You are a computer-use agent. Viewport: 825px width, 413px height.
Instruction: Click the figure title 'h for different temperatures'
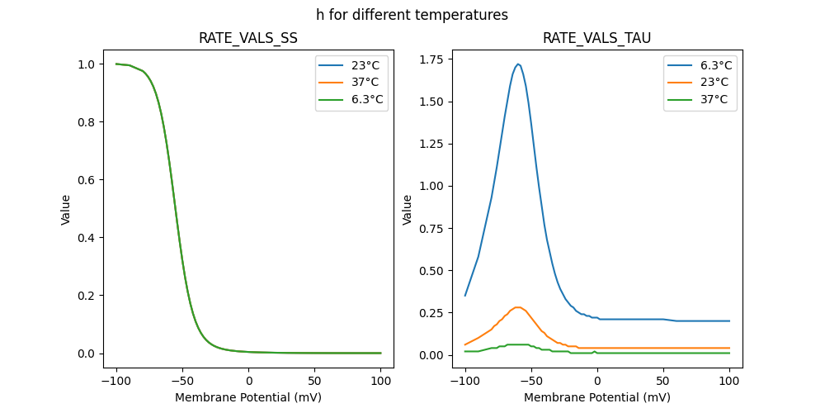pyautogui.click(x=412, y=15)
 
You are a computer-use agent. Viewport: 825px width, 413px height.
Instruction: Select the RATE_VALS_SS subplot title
pyautogui.click(x=248, y=38)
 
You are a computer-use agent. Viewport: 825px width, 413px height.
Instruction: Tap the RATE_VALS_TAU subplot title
pyautogui.click(x=596, y=38)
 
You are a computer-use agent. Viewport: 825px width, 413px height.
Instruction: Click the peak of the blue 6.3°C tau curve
pyautogui.click(x=518, y=64)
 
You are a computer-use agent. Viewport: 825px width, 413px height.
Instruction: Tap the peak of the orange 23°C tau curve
pyautogui.click(x=518, y=307)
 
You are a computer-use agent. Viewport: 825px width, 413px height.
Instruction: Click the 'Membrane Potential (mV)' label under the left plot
pyautogui.click(x=248, y=397)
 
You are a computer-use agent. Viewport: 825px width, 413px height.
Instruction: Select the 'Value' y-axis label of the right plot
pyautogui.click(x=408, y=210)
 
